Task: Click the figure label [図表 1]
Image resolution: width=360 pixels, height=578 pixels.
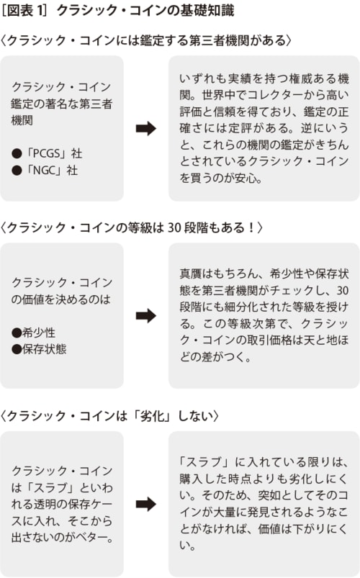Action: pyautogui.click(x=24, y=11)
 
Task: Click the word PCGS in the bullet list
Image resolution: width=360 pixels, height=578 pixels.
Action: pyautogui.click(x=44, y=153)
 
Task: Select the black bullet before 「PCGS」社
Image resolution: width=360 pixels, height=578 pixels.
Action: pyautogui.click(x=17, y=153)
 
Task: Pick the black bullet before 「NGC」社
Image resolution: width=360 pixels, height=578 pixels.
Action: pyautogui.click(x=17, y=171)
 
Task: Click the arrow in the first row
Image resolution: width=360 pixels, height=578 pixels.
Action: pyautogui.click(x=146, y=128)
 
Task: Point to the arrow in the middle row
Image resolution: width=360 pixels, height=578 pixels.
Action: pyautogui.click(x=146, y=315)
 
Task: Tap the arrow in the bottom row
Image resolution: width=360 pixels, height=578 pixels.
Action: pyautogui.click(x=146, y=504)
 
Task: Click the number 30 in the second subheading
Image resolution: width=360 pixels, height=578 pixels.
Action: pyautogui.click(x=174, y=227)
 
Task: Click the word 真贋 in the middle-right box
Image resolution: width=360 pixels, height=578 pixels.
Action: pyautogui.click(x=190, y=274)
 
